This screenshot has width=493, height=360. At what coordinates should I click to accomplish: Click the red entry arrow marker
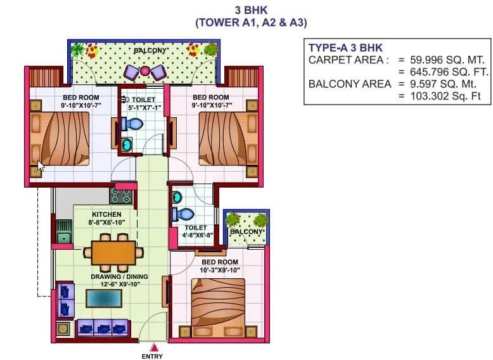click(x=153, y=347)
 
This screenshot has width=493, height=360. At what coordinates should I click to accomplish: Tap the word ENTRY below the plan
click(x=152, y=356)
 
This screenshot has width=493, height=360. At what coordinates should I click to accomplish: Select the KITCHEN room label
click(x=106, y=215)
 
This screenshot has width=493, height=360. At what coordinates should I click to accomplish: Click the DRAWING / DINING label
click(x=119, y=276)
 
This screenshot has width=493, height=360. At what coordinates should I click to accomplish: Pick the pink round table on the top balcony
click(x=144, y=70)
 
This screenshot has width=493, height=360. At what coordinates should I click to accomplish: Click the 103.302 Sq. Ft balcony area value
click(x=438, y=96)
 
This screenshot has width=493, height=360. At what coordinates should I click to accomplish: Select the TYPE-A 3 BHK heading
click(x=345, y=48)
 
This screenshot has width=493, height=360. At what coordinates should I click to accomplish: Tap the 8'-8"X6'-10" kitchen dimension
click(x=106, y=222)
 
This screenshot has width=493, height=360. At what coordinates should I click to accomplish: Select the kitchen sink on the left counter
click(x=64, y=238)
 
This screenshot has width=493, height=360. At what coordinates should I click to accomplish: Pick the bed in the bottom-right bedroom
click(x=217, y=304)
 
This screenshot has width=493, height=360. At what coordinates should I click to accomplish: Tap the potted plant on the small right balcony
click(x=233, y=219)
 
